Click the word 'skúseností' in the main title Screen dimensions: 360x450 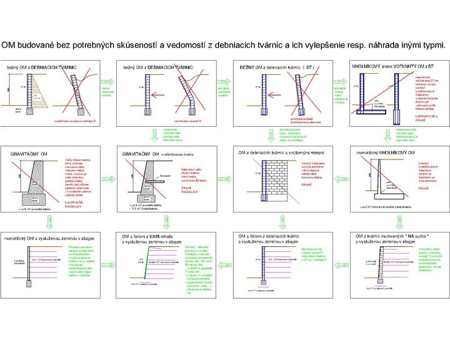[x=134, y=45]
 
